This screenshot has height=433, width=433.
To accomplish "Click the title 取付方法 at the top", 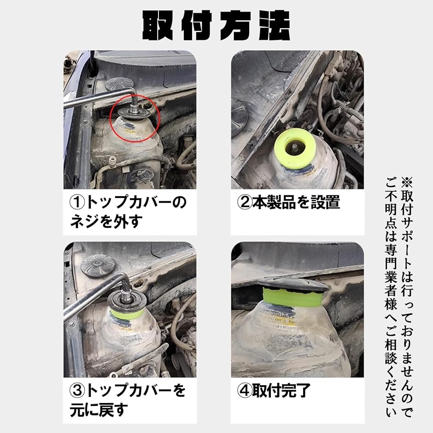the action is [216, 26].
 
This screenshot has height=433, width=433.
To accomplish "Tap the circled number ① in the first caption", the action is [77, 202].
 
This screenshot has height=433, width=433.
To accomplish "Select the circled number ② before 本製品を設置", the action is [245, 202].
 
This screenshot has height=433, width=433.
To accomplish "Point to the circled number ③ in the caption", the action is [77, 391].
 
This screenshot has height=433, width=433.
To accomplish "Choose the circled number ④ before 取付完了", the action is [245, 391].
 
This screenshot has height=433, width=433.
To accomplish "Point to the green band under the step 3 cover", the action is [127, 313].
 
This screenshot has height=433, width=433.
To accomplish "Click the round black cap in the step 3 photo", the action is [98, 266].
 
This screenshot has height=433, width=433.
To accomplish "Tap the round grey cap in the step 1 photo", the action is [119, 84].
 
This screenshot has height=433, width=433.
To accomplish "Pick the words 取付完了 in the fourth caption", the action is [281, 391].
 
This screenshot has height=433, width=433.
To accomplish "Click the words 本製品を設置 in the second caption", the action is [296, 202].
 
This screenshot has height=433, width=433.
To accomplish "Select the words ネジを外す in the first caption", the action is [106, 222].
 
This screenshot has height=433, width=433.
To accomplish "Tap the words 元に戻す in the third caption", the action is [99, 410].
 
